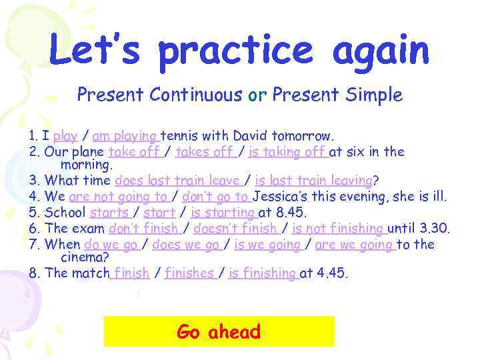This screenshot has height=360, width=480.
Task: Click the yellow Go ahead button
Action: tap(219, 331)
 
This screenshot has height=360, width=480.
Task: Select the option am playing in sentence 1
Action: tap(125, 137)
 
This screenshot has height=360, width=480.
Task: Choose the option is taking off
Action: tap(287, 152)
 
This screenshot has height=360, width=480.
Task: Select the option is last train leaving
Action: tap(313, 180)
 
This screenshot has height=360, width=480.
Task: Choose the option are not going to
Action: tap(119, 197)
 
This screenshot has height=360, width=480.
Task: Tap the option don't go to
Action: tap(215, 197)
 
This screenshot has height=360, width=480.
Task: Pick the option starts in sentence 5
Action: tap(110, 213)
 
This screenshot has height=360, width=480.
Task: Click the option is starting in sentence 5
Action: tap(223, 213)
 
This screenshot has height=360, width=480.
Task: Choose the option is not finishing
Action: tap(339, 229)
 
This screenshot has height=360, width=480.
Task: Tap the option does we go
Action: tap(186, 245)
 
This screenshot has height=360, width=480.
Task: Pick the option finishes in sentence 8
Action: tap(189, 273)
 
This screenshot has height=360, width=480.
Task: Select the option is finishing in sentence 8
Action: tap(262, 273)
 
